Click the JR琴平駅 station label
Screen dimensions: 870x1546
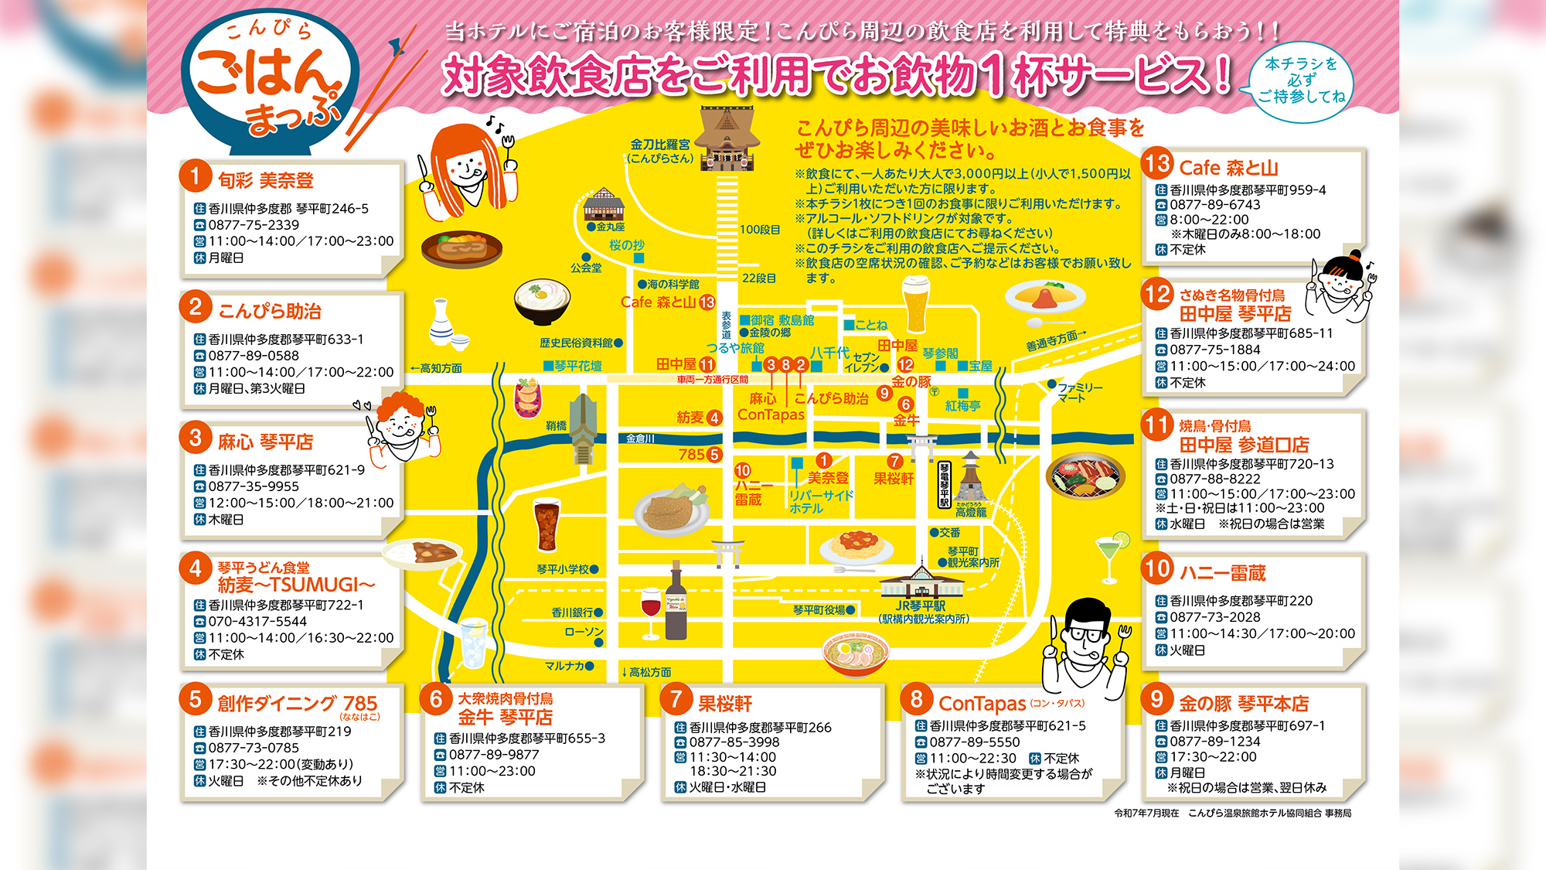[921, 606]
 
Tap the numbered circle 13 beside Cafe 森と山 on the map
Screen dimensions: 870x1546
[707, 302]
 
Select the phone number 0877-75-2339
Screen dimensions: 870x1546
[254, 225]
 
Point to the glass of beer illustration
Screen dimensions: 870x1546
[916, 304]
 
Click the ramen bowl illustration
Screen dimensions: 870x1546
[856, 653]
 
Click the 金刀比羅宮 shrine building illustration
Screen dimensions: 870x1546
[727, 139]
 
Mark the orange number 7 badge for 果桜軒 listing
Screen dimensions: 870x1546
[676, 700]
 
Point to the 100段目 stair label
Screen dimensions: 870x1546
[760, 230]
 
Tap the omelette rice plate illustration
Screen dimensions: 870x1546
[1045, 296]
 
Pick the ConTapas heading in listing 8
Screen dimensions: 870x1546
[982, 704]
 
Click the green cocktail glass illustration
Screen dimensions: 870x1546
[1112, 555]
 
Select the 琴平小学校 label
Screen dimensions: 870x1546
[563, 569]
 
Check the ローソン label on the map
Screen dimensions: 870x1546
[584, 632]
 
